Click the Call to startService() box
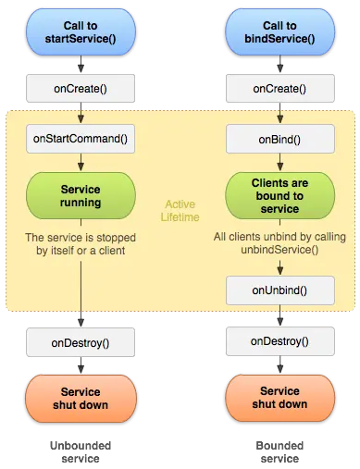point(81,31)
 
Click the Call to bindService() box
point(279,31)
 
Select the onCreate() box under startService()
point(81,89)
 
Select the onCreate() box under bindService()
point(279,89)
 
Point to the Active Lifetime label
point(180,210)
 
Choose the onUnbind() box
point(279,290)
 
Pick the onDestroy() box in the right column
point(279,341)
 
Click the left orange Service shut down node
point(81,398)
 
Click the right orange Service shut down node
point(279,398)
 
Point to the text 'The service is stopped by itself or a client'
point(81,244)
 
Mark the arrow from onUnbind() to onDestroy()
point(279,315)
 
